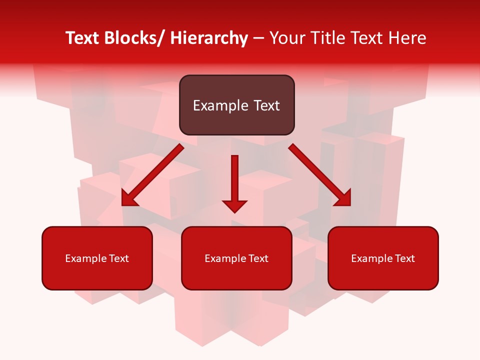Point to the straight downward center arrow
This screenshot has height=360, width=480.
point(234,180)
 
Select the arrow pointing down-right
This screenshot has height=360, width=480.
point(320,175)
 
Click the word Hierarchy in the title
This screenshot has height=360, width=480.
point(209,38)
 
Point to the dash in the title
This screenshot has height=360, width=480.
point(258,38)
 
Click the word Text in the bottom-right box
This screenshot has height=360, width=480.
point(404,258)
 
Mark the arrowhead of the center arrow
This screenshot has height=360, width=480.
point(234,205)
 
